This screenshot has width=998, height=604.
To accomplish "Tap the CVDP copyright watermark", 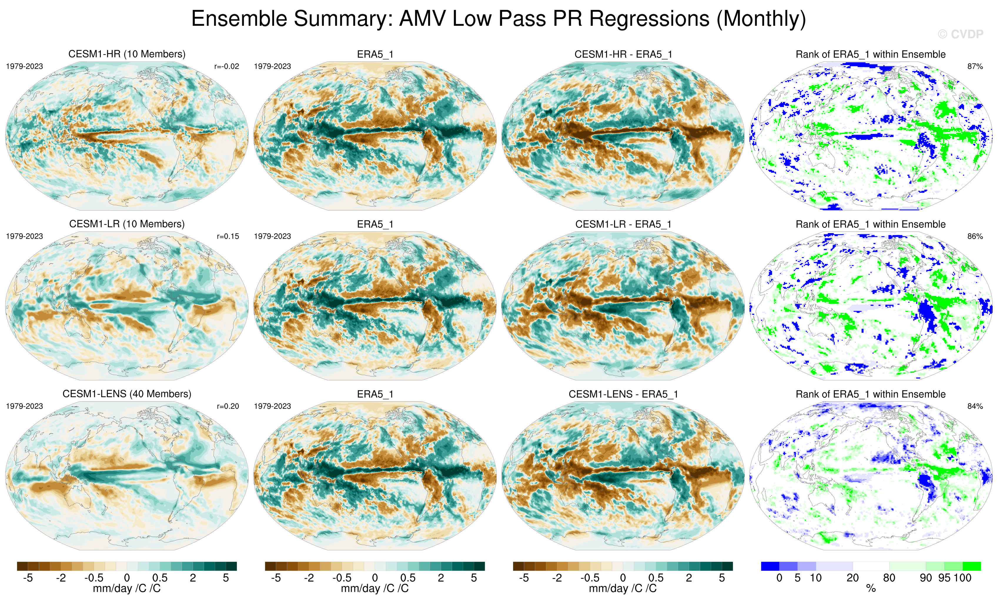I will (x=960, y=34).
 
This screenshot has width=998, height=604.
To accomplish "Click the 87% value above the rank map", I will (x=975, y=66).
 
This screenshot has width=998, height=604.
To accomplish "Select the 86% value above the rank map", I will (x=975, y=236).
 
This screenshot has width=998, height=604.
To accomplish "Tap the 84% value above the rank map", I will (x=975, y=406).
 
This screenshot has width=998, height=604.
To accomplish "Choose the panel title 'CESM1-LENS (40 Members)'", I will (x=127, y=394).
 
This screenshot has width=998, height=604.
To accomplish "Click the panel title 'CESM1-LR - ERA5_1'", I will (x=623, y=224).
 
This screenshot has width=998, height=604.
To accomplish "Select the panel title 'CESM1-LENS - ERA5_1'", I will (x=623, y=394).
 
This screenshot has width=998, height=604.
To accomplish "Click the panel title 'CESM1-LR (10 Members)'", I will (x=127, y=224).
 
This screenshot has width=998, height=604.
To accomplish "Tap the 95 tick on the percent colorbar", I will (x=944, y=578).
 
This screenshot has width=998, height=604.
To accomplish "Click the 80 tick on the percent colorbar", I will (x=889, y=578).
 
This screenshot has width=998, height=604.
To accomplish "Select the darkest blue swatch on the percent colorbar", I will (x=770, y=566).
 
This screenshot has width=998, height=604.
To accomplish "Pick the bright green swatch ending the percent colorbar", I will (x=972, y=566).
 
